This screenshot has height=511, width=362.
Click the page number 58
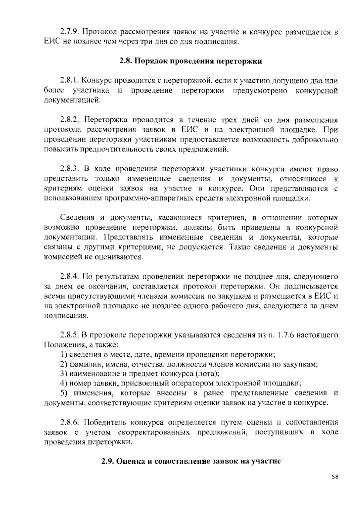(335, 477)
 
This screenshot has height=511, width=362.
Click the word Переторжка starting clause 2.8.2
(103, 120)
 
